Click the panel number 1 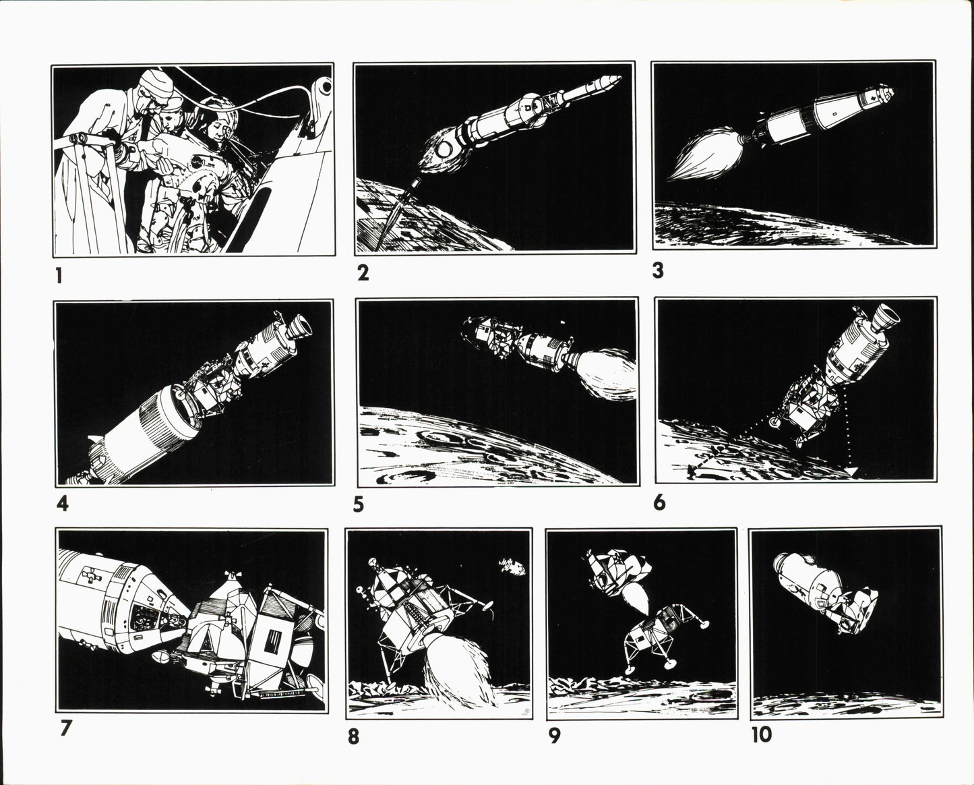[x=59, y=276]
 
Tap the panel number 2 [x=363, y=272]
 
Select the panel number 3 [x=658, y=270]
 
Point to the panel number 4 [x=63, y=504]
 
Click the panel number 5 [x=359, y=504]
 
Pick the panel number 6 [x=659, y=503]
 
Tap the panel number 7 [x=66, y=728]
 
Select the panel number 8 [x=353, y=737]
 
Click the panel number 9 [x=555, y=736]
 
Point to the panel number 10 [x=762, y=735]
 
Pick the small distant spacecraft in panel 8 [x=512, y=566]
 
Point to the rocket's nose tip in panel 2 [x=621, y=78]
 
